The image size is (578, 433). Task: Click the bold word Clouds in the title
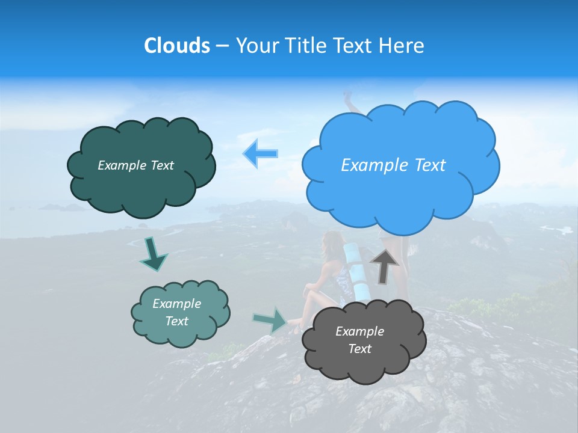pos(176,46)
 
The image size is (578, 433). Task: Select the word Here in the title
pos(403,46)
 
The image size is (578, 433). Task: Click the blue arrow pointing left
pos(260,153)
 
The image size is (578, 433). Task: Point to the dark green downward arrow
pos(153,253)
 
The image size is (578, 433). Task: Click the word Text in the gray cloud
pos(359,349)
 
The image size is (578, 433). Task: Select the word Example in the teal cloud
pos(176,304)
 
